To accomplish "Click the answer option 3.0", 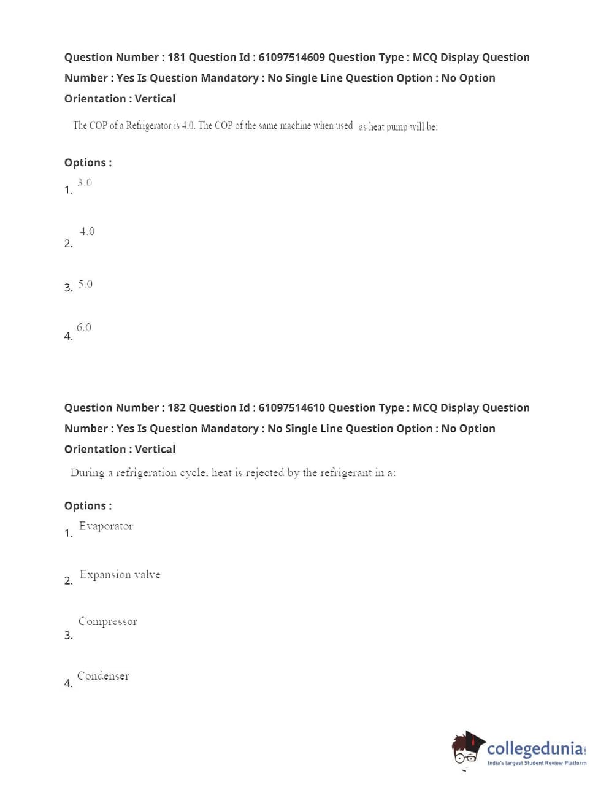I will tap(85, 183).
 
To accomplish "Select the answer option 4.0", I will tap(87, 231).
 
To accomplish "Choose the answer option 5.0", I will tap(85, 284).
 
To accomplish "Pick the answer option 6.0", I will tap(84, 328).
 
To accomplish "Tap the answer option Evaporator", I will tap(105, 526).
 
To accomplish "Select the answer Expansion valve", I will tap(120, 575).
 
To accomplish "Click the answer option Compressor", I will tap(107, 621).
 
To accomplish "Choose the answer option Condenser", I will tap(103, 676).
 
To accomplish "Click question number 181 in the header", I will tap(176, 57).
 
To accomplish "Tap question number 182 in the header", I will tap(176, 408).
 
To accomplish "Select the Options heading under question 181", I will tap(88, 163).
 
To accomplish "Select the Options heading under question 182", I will tap(88, 506).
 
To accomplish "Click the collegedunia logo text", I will tap(535, 749).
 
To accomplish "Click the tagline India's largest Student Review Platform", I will tap(537, 763).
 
